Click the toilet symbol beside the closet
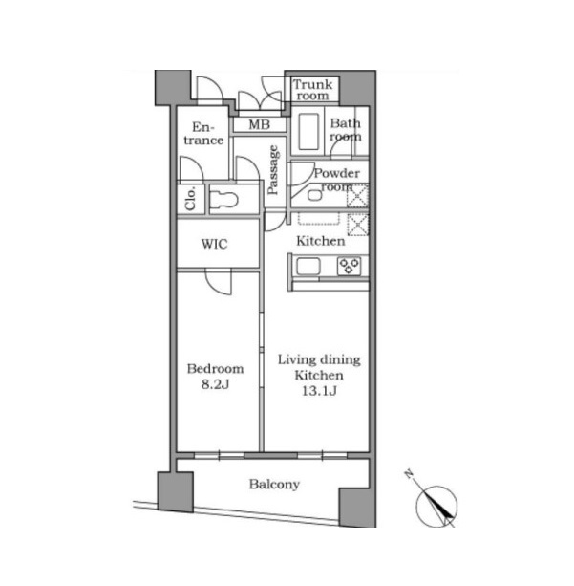pos(223,200)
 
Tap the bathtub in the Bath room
pos(308,132)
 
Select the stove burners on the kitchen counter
pos(349,266)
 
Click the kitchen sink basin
pos(308,267)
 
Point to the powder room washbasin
pos(315,195)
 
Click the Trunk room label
pos(312,90)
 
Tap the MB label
pos(259,124)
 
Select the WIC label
pos(214,244)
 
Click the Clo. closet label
pos(190,199)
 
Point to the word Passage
pos(273,170)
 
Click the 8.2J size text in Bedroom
pos(215,384)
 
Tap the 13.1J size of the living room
pos(319,391)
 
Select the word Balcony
pos(274,485)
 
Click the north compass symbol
pos(436,507)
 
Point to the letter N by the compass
pos(409,474)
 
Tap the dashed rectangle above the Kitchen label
pos(319,219)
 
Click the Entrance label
pos(203,134)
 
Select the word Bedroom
pos(216,369)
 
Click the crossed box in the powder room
pos(357,196)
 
